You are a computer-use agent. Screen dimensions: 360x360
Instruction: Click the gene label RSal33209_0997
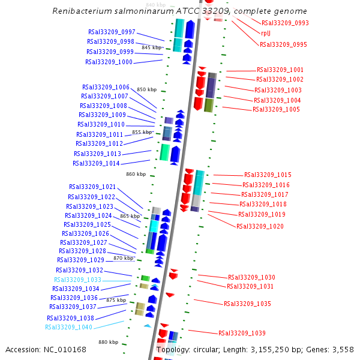coord(112,32)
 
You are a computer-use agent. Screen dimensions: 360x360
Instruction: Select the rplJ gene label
coord(266,33)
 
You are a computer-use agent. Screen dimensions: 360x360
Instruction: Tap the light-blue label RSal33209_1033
coord(78,280)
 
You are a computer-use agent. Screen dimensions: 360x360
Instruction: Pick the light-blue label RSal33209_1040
coord(69,327)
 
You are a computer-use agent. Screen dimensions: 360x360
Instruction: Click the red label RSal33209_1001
coord(280,70)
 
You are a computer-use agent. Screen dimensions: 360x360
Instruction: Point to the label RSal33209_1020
coord(260,226)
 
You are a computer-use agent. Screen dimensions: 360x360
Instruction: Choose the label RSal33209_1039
coord(242,333)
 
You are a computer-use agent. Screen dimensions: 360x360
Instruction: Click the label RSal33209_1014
coord(97,163)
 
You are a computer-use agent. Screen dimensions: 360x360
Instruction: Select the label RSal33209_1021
coord(92,187)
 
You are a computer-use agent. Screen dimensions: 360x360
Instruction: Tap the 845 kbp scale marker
coord(152,47)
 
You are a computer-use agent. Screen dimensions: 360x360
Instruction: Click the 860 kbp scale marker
coord(136,174)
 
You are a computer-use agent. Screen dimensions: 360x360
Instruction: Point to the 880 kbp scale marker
coord(109,342)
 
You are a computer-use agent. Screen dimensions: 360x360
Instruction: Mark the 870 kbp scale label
coord(123,258)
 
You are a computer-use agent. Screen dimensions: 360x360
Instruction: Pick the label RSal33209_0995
coord(283,44)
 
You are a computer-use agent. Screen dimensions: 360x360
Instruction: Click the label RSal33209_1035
coord(248,304)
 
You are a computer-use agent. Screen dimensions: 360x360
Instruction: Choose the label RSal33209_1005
coord(276,109)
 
